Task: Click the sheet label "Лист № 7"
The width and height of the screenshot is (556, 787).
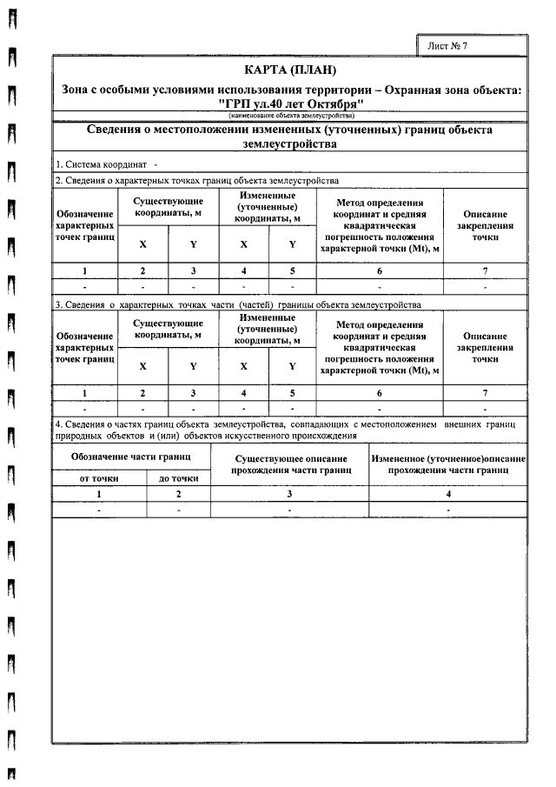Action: coord(447,45)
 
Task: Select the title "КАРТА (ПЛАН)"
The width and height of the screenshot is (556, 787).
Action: coord(290,70)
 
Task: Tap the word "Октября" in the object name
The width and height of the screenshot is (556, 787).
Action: coord(328,103)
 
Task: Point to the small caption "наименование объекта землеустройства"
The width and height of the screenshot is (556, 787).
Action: coord(290,116)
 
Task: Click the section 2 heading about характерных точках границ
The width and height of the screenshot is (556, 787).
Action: coord(196,180)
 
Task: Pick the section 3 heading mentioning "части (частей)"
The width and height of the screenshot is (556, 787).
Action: coord(237,305)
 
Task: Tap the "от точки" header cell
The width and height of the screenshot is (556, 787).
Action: coord(100,477)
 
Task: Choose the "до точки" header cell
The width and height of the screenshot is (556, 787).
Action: coord(179,477)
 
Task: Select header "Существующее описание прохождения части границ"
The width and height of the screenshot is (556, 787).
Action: coord(291,464)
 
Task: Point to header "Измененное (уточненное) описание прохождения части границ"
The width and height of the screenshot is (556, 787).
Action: coord(448,464)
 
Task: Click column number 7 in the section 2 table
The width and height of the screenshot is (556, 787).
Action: coord(485,270)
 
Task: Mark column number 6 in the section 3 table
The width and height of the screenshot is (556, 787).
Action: coord(379,394)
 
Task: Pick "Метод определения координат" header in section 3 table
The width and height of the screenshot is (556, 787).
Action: coord(379,349)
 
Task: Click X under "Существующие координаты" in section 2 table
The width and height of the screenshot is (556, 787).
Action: coord(142,244)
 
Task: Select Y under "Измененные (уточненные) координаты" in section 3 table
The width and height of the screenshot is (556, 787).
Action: coord(293,367)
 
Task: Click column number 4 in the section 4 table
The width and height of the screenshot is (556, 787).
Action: coord(448,494)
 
